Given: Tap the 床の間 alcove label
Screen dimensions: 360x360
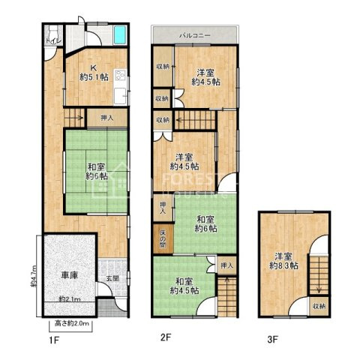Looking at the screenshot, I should click(x=163, y=238).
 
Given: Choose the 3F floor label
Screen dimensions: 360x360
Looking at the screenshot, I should click(x=271, y=339).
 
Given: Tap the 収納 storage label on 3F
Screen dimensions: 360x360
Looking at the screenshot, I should click(x=319, y=306).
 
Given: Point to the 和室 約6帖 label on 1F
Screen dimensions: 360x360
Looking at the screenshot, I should click(x=94, y=171).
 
